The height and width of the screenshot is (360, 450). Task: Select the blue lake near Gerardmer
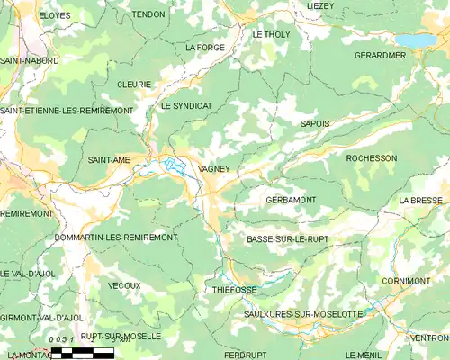[x=415, y=40]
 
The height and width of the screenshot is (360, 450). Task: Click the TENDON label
[x=148, y=15]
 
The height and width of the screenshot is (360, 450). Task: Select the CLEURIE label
[x=133, y=84]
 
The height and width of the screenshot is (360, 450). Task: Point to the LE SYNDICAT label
[x=186, y=106]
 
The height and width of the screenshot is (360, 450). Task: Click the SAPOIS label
[x=314, y=123]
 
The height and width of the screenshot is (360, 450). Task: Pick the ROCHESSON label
[x=371, y=158]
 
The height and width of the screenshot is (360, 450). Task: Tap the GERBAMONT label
[x=290, y=199]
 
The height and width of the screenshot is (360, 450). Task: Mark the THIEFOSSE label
[x=236, y=291]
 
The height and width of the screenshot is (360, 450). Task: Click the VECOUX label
[x=124, y=285]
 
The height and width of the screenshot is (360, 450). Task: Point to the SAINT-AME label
[x=108, y=159]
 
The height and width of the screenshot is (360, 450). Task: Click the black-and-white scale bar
[x=82, y=352]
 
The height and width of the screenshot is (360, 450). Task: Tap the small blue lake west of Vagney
[x=171, y=164]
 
